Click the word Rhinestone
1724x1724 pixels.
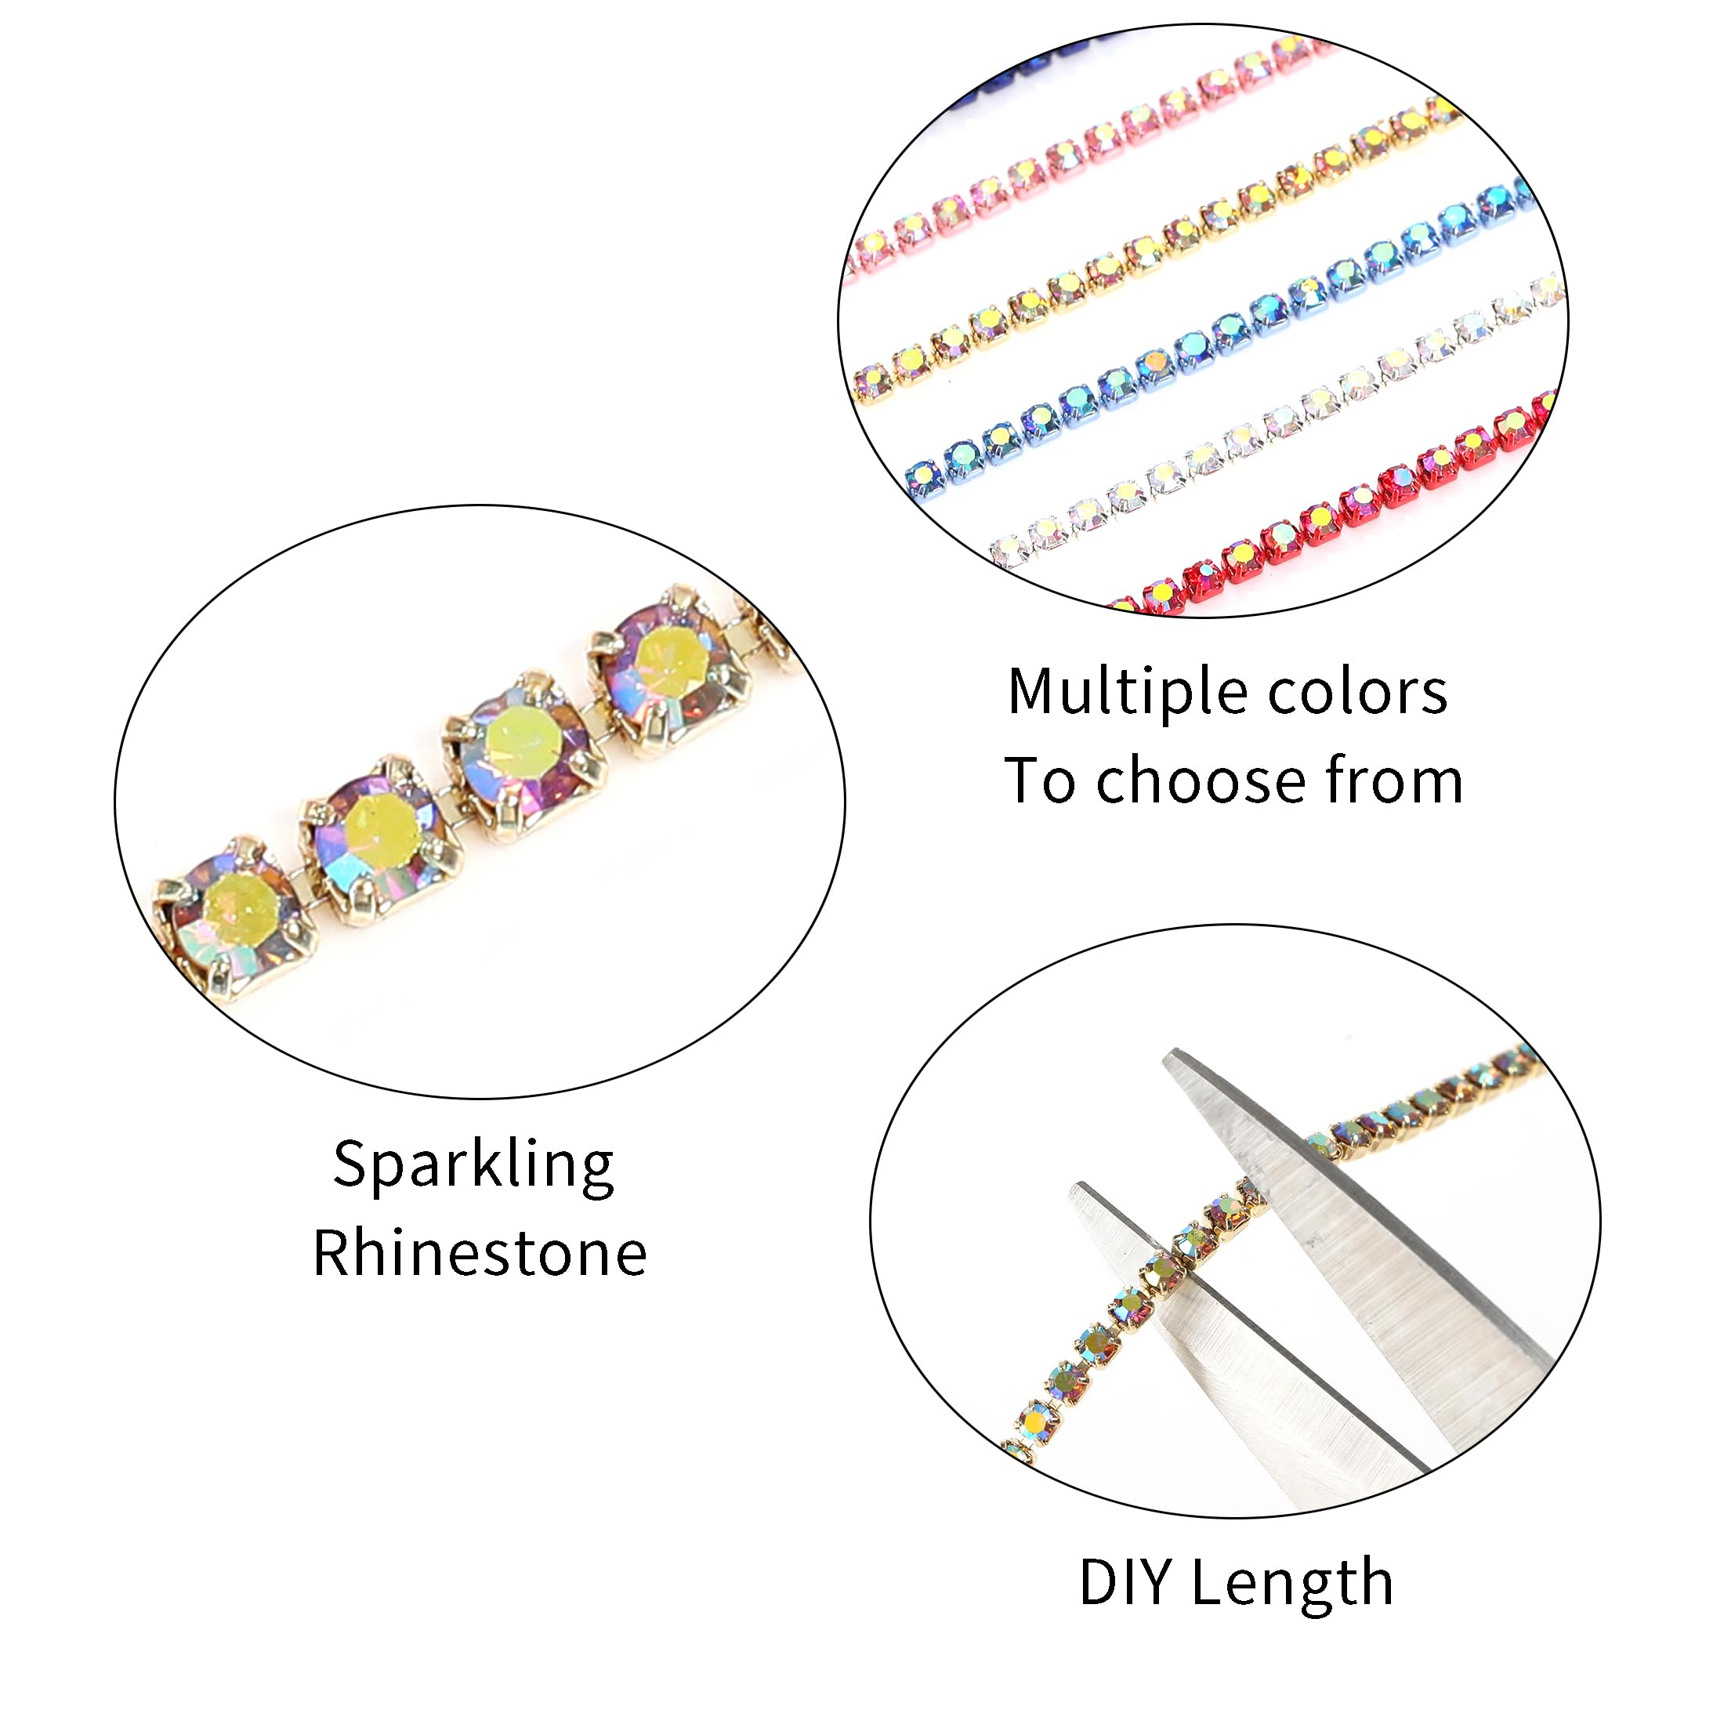point(479,1254)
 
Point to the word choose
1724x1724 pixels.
point(1203,781)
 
